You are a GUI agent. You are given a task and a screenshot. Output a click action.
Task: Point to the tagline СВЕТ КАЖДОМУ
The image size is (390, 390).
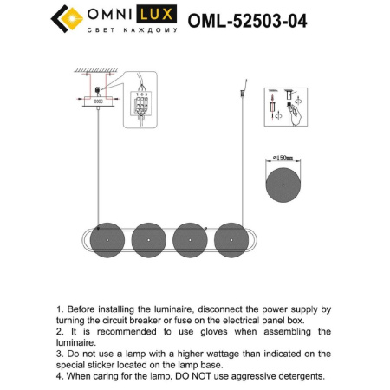tap(132, 30)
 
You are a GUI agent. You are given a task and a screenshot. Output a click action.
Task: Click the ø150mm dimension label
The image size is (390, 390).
tap(283, 159)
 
